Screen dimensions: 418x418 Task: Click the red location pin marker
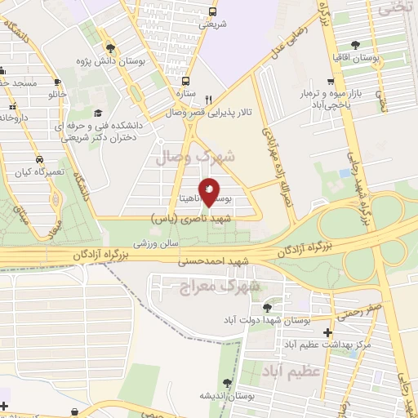click(209, 191)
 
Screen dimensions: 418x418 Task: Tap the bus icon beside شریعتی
click(212, 12)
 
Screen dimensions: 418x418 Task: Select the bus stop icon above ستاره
click(186, 81)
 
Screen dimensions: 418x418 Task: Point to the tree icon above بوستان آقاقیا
click(356, 46)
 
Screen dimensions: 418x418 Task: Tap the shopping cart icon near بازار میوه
click(329, 81)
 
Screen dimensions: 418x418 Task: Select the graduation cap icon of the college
click(97, 113)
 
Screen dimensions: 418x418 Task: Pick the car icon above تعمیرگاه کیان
click(39, 158)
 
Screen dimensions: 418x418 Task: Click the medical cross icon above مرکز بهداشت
click(327, 332)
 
